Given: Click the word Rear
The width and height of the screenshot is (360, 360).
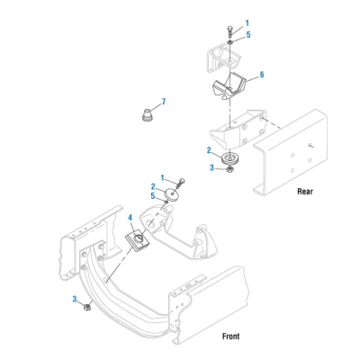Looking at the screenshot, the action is tap(305, 191).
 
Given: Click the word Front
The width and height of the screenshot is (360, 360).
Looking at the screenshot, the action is tap(230, 336).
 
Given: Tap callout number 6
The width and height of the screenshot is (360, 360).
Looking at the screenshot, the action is tap(262, 75).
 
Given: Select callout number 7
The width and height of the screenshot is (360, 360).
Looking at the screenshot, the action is tap(164, 102).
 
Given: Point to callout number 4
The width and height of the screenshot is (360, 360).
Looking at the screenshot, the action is tap(130, 217).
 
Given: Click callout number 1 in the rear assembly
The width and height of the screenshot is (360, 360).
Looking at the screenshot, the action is tap(247, 23).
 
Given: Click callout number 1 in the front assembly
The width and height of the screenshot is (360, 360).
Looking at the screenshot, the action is tap(163, 178).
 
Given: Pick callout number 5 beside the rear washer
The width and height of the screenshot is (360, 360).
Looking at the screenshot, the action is tap(248, 35).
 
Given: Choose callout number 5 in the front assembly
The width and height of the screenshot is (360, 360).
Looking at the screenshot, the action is tap(153, 196).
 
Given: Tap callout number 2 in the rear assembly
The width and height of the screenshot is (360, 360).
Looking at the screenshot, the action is tap(209, 150).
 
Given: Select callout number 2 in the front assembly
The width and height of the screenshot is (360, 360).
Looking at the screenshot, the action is tap(153, 187).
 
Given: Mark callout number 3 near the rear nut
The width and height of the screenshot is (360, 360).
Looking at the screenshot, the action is tap(211, 167).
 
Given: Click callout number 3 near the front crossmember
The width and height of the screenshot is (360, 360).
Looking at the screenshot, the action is tap(75, 299).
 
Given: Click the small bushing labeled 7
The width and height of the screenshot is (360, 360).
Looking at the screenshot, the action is tap(147, 115).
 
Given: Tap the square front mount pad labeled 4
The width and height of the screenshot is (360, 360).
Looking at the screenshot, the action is tap(137, 239).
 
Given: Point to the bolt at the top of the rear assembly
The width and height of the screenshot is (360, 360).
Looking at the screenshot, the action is tap(229, 32).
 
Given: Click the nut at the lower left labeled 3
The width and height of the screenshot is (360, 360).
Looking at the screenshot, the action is tap(87, 307).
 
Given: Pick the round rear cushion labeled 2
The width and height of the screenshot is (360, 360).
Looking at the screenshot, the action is tap(229, 158).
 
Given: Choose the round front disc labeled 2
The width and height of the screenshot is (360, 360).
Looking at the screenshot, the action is tap(172, 195).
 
